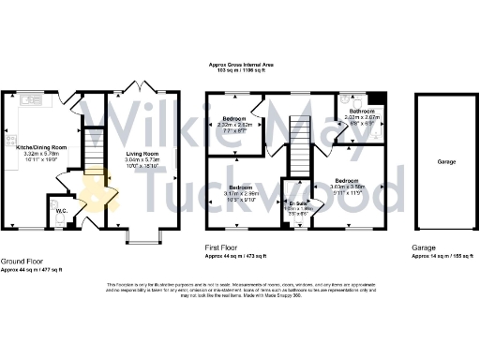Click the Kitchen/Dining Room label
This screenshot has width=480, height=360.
pos(41,148)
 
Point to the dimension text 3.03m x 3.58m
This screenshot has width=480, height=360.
pos(348,186)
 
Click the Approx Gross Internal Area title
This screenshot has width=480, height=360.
pos(240,65)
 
